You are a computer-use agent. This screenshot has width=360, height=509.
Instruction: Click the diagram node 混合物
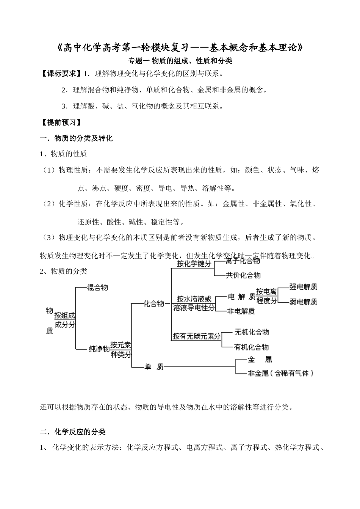pos(97,287)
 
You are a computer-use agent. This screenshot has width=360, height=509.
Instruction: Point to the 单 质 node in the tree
pos(154,367)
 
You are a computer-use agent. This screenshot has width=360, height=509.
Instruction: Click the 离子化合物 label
pos(243,261)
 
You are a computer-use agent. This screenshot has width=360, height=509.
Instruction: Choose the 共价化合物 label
pos(243,275)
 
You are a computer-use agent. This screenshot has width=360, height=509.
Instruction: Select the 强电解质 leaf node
pos(303,287)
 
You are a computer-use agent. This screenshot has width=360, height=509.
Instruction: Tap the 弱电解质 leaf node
pos(303,302)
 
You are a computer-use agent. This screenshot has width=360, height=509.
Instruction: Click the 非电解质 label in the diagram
pos(241,311)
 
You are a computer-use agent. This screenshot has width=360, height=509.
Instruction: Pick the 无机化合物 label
pos(252,332)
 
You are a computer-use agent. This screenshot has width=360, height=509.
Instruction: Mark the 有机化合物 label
pos(252,347)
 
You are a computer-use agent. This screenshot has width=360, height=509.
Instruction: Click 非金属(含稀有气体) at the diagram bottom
pos(281,373)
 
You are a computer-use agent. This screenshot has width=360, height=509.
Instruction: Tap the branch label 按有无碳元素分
pos(197,336)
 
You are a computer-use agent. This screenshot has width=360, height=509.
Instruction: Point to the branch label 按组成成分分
pos(65,320)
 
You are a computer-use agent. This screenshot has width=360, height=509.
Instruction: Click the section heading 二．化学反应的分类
pos(73,432)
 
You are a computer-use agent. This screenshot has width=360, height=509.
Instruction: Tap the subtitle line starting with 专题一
pos(180,60)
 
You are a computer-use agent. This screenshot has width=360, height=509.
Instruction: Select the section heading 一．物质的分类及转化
pos(76,138)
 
